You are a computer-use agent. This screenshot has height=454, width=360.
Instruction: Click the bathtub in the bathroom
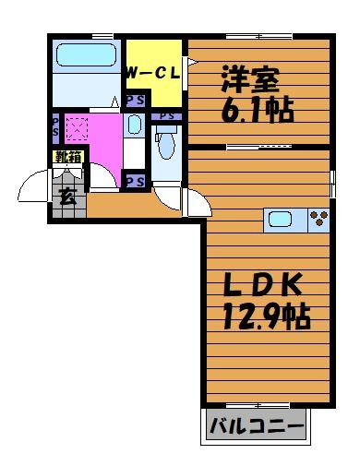(x=87, y=54)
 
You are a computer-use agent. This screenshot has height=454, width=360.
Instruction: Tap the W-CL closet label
(x=153, y=74)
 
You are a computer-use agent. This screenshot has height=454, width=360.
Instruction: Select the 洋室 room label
(x=250, y=79)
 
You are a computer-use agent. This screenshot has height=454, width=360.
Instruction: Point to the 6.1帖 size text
(x=257, y=110)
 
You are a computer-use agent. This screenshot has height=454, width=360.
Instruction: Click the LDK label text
(x=262, y=284)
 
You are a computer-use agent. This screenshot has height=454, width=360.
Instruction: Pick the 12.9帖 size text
(x=266, y=316)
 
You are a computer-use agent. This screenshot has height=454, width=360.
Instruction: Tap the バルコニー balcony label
(x=257, y=426)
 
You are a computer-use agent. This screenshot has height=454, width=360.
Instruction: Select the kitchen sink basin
(x=280, y=220)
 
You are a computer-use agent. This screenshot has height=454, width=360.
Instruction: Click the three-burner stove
(x=318, y=220)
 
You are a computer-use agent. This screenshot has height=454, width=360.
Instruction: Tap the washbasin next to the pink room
(x=134, y=125)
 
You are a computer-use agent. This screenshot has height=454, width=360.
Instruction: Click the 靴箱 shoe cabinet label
(x=67, y=157)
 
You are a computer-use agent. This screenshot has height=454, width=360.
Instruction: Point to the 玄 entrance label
(x=67, y=197)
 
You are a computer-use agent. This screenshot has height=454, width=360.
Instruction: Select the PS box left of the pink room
(x=55, y=128)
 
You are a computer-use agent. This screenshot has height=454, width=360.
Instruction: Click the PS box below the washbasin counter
(x=136, y=181)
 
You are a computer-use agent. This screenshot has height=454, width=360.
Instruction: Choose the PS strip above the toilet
(x=166, y=116)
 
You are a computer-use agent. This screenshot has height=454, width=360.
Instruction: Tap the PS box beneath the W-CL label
(x=136, y=101)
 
